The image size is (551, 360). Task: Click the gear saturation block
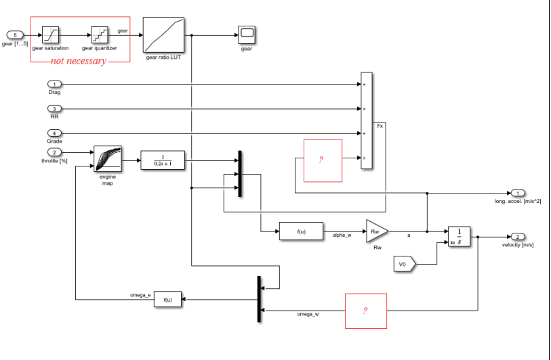coord(51,35)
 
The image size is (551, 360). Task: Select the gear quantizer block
coord(100,35)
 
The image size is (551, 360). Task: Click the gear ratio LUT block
coord(163,35)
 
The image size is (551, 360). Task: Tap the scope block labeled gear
coord(246,35)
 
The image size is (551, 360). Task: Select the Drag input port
coord(55,84)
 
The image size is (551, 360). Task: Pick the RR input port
coord(55,108)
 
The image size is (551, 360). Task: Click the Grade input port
coord(55,133)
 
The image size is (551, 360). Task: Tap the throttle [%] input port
coord(55,152)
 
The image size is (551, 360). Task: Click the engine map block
coord(108,160)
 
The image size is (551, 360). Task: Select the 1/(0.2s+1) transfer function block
coord(163,160)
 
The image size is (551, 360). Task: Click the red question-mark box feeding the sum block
coord(323,160)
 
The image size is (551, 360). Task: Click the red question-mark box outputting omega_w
coord(366,311)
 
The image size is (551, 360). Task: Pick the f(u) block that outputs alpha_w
coord(301,231)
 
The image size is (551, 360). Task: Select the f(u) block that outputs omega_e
coord(168,299)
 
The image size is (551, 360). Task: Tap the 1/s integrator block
coord(459,238)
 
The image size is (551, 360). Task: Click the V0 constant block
coord(404,263)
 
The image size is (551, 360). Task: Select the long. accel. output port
coord(518,194)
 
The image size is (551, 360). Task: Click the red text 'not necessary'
coord(79,61)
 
